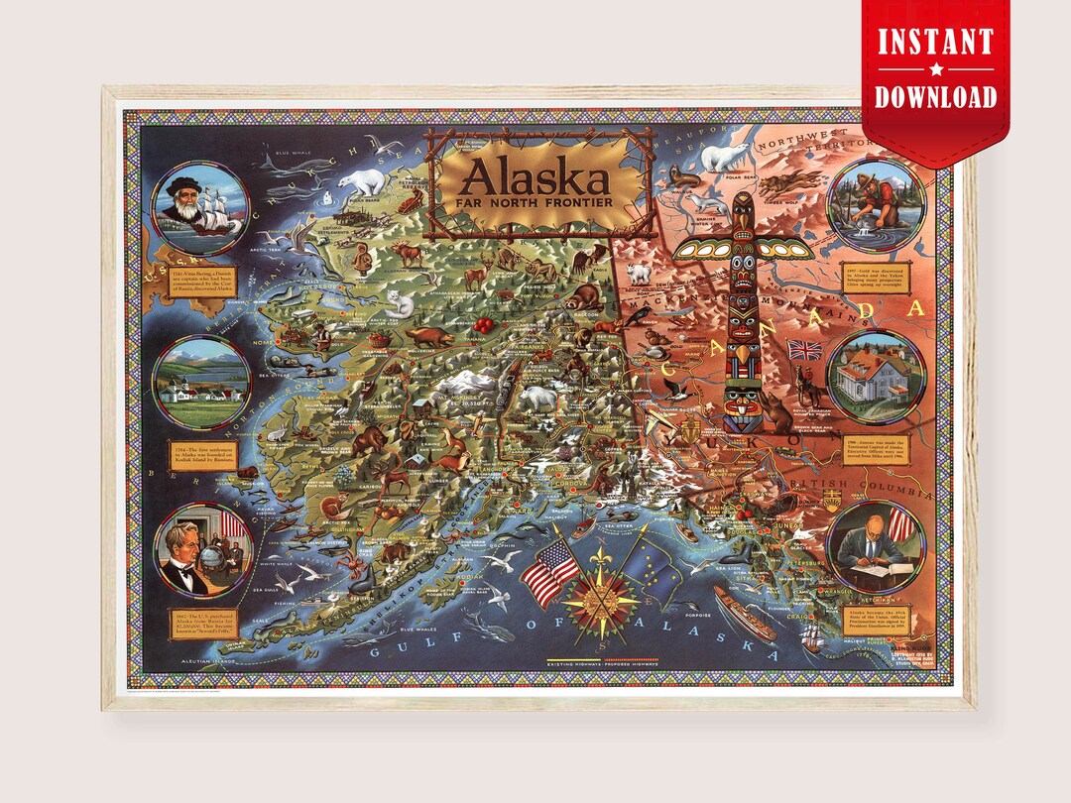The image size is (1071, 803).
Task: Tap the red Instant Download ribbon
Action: (x=935, y=69)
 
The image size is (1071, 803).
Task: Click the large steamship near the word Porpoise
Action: (x=743, y=614)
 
